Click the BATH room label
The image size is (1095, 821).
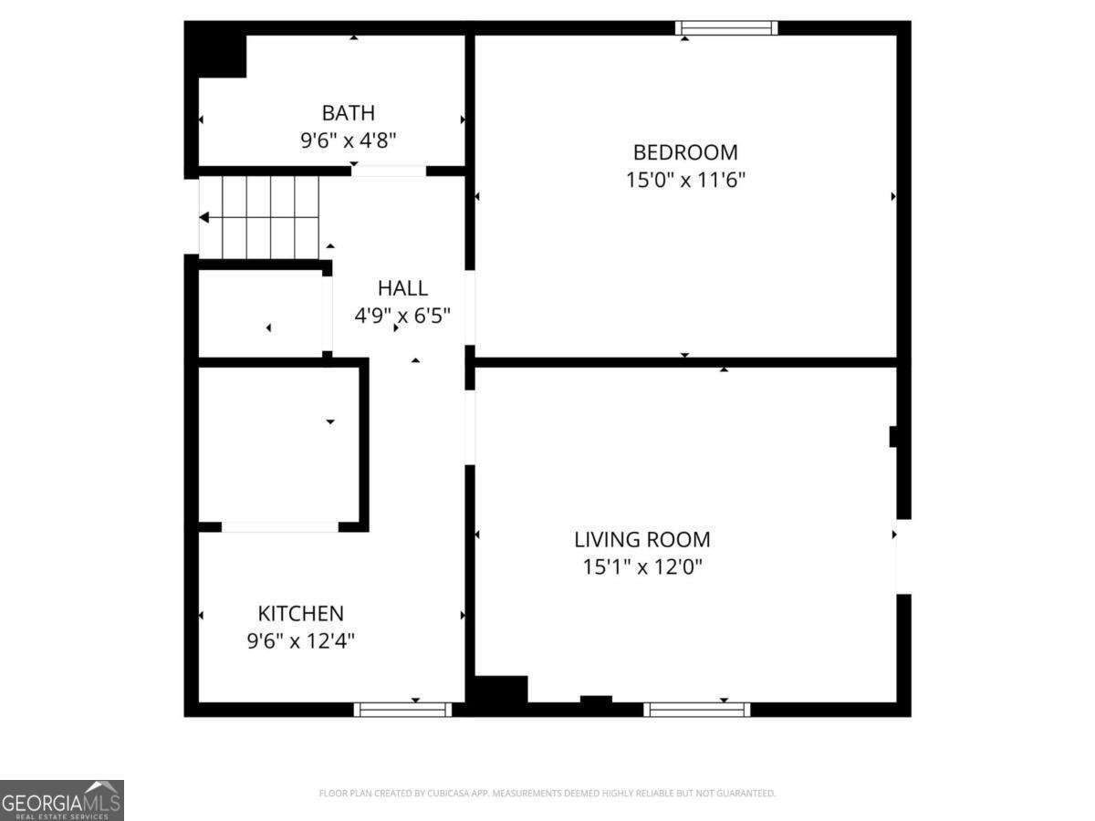(348, 113)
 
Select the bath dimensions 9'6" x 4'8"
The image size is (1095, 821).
(348, 140)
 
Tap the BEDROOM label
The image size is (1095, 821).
(685, 152)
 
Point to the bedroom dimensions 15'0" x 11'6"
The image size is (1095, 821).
(685, 180)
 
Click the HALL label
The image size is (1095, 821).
(402, 288)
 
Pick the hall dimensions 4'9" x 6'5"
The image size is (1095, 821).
(402, 316)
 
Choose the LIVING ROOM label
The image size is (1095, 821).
(642, 539)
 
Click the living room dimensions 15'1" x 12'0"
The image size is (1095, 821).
(642, 566)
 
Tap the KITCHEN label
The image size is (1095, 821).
(300, 614)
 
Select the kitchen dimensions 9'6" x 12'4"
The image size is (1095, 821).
(300, 641)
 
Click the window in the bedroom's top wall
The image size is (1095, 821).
(726, 28)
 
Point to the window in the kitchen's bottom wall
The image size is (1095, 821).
(402, 709)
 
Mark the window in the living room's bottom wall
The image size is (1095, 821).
(696, 709)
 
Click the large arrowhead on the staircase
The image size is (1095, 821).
(204, 217)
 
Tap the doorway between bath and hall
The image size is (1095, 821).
(389, 171)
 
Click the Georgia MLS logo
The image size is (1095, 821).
(61, 800)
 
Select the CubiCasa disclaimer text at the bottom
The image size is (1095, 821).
(547, 794)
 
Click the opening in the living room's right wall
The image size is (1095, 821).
(903, 556)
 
